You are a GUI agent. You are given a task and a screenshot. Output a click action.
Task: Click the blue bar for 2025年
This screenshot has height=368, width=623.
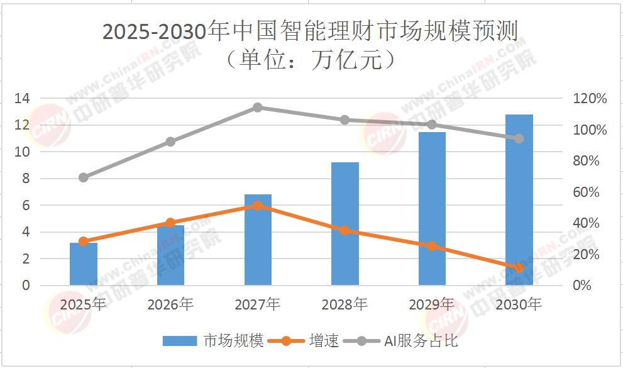84,264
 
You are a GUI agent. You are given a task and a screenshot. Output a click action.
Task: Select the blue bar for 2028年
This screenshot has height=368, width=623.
345,223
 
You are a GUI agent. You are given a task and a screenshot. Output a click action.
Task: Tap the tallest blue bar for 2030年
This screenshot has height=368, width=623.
519,199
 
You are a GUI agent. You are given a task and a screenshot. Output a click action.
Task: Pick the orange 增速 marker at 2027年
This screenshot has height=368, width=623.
257,205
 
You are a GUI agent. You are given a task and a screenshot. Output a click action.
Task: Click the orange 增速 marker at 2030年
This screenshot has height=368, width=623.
519,268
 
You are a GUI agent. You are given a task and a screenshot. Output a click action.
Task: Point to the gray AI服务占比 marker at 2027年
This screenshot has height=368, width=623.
257,108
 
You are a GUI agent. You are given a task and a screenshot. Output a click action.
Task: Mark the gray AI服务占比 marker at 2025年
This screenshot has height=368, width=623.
84,177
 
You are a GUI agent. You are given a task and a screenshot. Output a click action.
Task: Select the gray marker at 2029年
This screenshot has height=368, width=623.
432,125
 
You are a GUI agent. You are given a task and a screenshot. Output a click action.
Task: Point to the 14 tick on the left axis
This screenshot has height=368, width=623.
23,99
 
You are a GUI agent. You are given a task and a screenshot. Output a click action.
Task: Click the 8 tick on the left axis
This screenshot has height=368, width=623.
26,179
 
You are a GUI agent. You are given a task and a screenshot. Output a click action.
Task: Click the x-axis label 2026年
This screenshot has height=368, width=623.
170,305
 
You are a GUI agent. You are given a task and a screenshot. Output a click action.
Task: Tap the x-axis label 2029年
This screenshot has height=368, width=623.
432,305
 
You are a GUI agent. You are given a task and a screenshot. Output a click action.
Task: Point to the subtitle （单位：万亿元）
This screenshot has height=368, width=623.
312,60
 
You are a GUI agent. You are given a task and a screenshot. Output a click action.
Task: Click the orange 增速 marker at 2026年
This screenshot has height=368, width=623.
170,223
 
